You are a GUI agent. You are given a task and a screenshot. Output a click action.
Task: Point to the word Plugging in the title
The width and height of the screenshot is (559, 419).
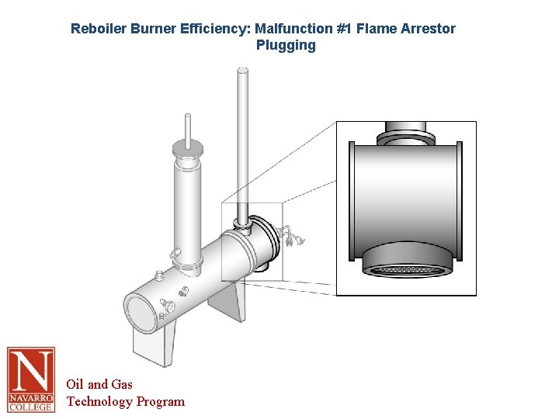(286, 45)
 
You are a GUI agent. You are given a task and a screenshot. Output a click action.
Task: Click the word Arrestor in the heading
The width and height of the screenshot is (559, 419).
(429, 29)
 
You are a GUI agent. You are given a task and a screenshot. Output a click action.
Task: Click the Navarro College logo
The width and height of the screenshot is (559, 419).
(31, 379)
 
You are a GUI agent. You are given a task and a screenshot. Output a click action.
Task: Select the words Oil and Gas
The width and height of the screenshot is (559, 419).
(99, 384)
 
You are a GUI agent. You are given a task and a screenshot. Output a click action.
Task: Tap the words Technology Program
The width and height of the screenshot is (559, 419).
(126, 401)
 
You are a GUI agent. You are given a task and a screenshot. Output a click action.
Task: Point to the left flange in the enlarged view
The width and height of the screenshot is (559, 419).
(351, 200)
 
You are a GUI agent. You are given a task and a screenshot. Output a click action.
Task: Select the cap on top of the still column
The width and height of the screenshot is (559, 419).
(187, 147)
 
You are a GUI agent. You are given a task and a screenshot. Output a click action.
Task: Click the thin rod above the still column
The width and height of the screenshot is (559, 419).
(186, 126)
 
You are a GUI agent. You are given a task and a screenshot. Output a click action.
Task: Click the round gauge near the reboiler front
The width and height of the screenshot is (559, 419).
(169, 307)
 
